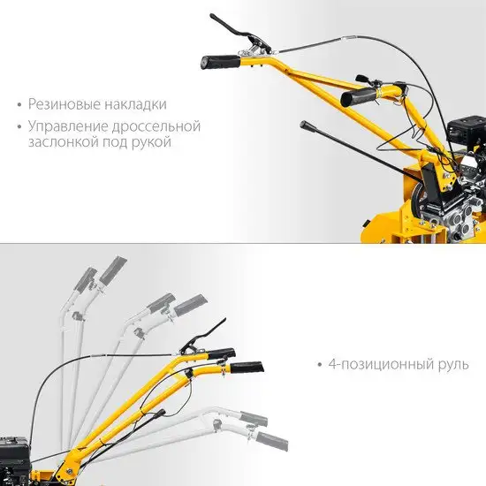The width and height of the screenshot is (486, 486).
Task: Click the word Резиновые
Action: pos(65,104)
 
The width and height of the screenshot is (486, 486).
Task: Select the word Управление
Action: pos(68,126)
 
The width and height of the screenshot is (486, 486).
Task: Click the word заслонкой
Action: pos(64,142)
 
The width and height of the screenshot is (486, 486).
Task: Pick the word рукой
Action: pos(152,143)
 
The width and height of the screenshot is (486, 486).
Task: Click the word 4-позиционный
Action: pos(381,364)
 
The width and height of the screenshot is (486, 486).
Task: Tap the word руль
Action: pos(453,365)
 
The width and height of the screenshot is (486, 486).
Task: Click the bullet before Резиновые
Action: pos(19,105)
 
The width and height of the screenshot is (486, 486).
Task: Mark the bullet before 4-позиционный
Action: pos(320,364)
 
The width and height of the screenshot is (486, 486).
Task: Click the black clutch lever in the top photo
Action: pos(239,32)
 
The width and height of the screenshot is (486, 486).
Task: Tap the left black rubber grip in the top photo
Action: pos(220,63)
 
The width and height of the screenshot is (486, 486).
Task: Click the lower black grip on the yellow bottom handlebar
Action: pos(247,367)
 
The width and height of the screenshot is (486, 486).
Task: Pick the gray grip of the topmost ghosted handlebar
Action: pos(113,270)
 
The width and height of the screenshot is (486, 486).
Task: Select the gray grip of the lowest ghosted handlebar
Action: pos(272,441)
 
